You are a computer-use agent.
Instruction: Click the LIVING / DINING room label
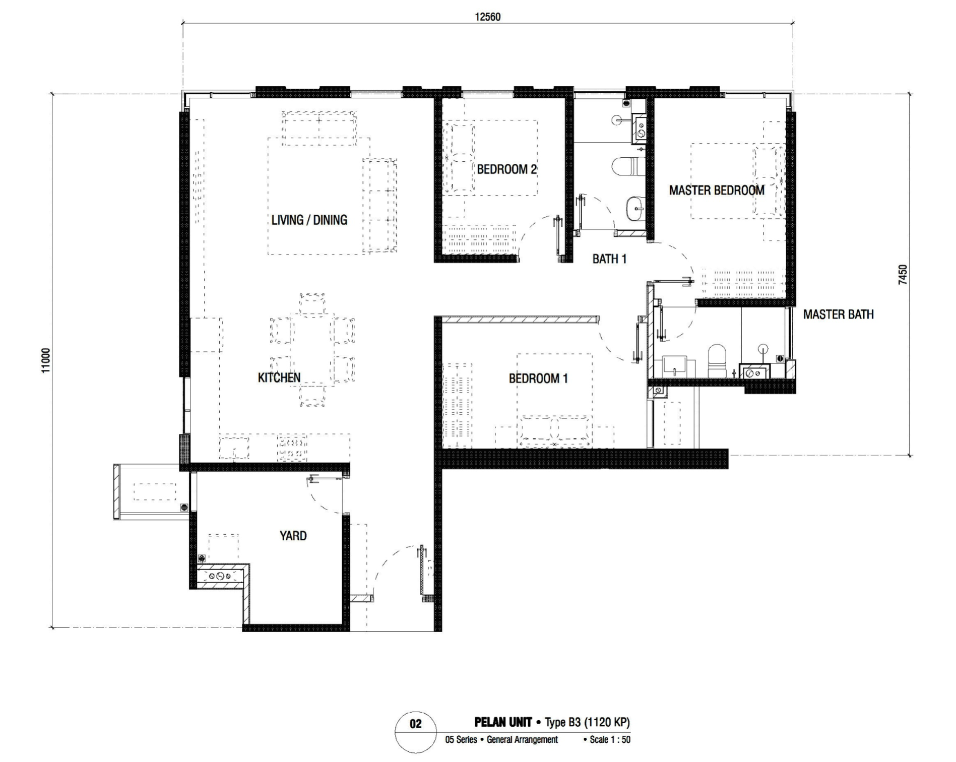309,220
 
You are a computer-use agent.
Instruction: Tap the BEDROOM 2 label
506,169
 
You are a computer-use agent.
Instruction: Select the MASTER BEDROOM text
717,190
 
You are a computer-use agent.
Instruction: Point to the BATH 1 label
609,259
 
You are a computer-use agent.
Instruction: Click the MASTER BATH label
838,314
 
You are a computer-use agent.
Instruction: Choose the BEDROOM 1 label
538,378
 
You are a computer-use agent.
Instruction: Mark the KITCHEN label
279,377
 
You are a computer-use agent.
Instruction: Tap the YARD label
293,535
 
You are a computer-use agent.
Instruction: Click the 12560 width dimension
487,17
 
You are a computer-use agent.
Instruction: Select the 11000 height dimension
46,360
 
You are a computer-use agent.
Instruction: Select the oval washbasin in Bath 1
635,208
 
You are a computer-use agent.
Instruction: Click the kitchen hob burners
292,448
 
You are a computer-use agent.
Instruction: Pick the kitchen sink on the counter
234,448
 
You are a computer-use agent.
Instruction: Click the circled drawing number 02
415,724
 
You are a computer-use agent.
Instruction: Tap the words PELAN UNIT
503,722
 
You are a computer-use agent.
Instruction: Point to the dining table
312,350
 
